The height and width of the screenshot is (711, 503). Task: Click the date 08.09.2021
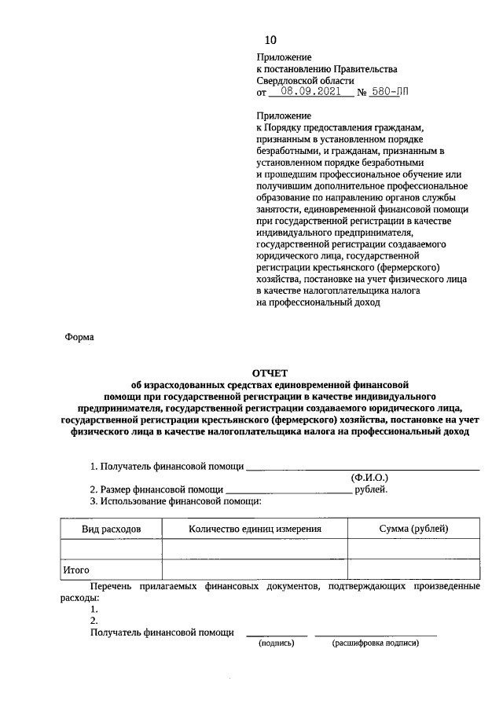[304, 92]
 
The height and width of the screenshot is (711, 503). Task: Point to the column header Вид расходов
[112, 530]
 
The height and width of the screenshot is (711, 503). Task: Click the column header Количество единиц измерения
[255, 530]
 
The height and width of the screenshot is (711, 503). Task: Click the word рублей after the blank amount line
[371, 489]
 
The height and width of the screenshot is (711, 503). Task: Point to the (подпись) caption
[277, 643]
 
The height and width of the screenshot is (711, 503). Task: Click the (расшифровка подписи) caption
[376, 643]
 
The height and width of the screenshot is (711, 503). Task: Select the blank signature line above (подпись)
[277, 633]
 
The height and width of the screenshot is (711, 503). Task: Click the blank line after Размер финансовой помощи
[288, 490]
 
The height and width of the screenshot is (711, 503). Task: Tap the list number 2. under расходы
[94, 621]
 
